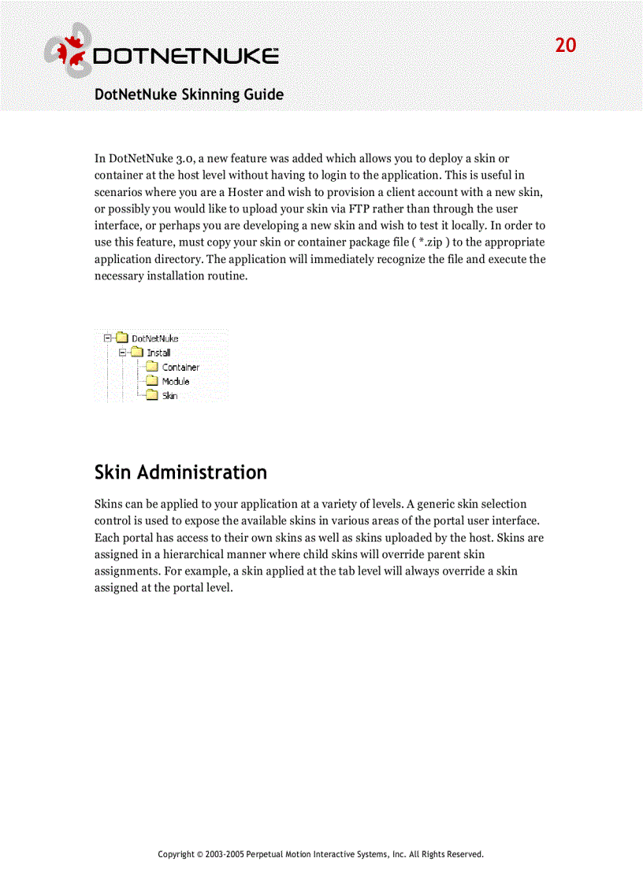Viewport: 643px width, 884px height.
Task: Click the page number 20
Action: (x=566, y=46)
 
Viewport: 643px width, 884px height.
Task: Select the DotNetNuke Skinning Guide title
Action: (x=189, y=94)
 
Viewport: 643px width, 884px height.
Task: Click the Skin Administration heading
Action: (x=180, y=472)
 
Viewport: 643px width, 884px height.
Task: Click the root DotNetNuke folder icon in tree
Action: (x=122, y=338)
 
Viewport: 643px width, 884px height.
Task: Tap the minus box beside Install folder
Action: (x=122, y=353)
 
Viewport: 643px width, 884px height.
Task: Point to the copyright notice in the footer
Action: (x=321, y=854)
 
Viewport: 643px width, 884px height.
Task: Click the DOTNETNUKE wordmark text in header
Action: (x=185, y=57)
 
